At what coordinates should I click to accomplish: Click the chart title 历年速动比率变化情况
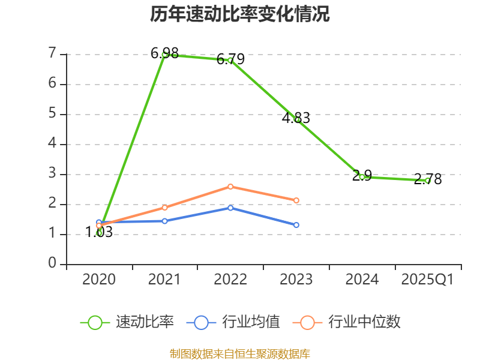coord(240,14)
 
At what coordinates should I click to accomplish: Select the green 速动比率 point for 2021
coord(164,54)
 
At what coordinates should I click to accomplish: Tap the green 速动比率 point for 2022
coord(230,60)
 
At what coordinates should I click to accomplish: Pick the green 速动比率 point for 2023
coord(296,119)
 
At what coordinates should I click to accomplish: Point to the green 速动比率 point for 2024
coord(362,176)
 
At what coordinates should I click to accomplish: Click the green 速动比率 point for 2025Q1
coord(428,180)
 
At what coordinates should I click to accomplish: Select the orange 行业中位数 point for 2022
coord(230,187)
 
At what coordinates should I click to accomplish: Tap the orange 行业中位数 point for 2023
coord(296,200)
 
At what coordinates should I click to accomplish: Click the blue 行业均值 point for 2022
coord(230,208)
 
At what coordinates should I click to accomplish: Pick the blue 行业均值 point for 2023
coord(296,225)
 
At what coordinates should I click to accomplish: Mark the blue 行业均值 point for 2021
coord(164,221)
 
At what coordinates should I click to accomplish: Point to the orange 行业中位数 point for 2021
coord(164,208)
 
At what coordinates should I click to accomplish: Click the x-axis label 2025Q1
coord(428,280)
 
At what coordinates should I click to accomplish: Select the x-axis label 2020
coord(99,280)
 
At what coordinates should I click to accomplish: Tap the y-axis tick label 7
coord(53,54)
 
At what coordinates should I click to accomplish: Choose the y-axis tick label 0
coord(53,264)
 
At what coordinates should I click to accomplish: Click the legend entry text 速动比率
coord(145,322)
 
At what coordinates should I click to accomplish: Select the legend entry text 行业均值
coord(251,322)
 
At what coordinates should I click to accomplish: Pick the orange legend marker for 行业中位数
coord(307,322)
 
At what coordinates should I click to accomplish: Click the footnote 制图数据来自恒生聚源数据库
coord(240,353)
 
